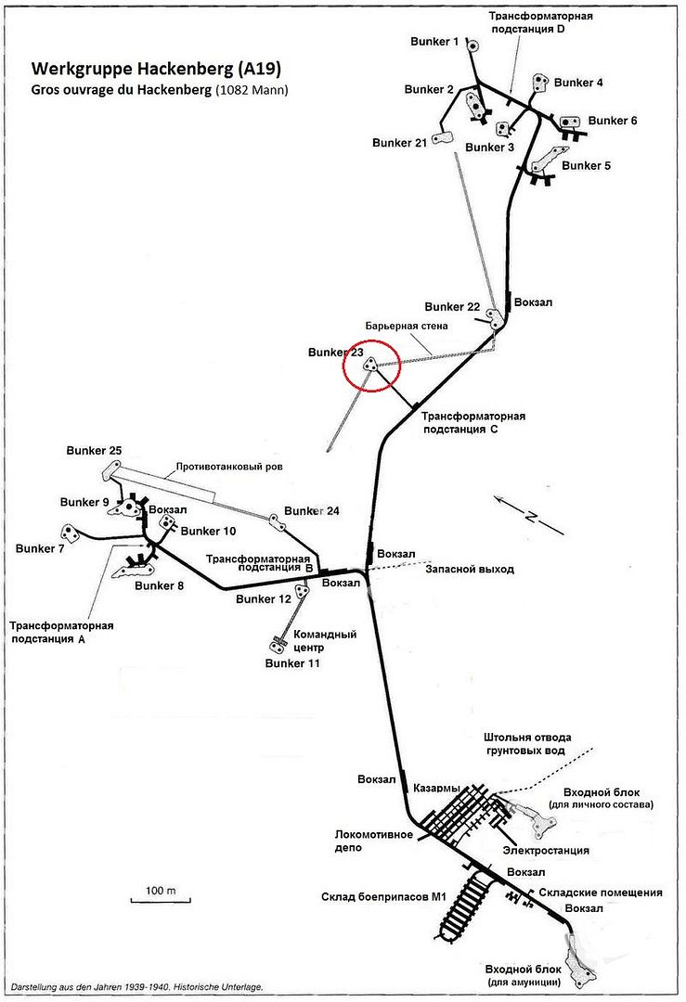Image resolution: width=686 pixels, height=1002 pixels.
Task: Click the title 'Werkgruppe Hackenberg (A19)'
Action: [156, 69]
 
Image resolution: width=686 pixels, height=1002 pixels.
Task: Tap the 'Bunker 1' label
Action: [434, 42]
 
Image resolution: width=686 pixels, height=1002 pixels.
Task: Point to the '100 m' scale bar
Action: [161, 899]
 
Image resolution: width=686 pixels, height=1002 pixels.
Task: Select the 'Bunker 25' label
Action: [94, 451]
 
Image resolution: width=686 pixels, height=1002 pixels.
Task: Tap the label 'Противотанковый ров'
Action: [229, 467]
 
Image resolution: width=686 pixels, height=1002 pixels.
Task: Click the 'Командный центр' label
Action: [324, 640]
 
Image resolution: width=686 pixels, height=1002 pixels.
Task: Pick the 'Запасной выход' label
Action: [470, 569]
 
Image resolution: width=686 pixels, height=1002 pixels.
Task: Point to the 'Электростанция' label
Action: [546, 850]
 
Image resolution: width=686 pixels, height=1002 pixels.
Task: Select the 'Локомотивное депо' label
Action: [374, 841]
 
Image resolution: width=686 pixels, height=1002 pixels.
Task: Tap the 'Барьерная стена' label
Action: [407, 326]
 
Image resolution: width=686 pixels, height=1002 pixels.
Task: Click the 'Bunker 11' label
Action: [292, 663]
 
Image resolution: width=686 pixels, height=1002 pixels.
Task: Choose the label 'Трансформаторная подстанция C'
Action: [473, 422]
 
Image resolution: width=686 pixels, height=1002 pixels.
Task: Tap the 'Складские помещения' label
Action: [601, 893]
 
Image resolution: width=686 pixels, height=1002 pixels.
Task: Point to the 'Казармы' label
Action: [436, 788]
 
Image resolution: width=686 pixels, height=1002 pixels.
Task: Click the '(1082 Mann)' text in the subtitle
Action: [252, 90]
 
